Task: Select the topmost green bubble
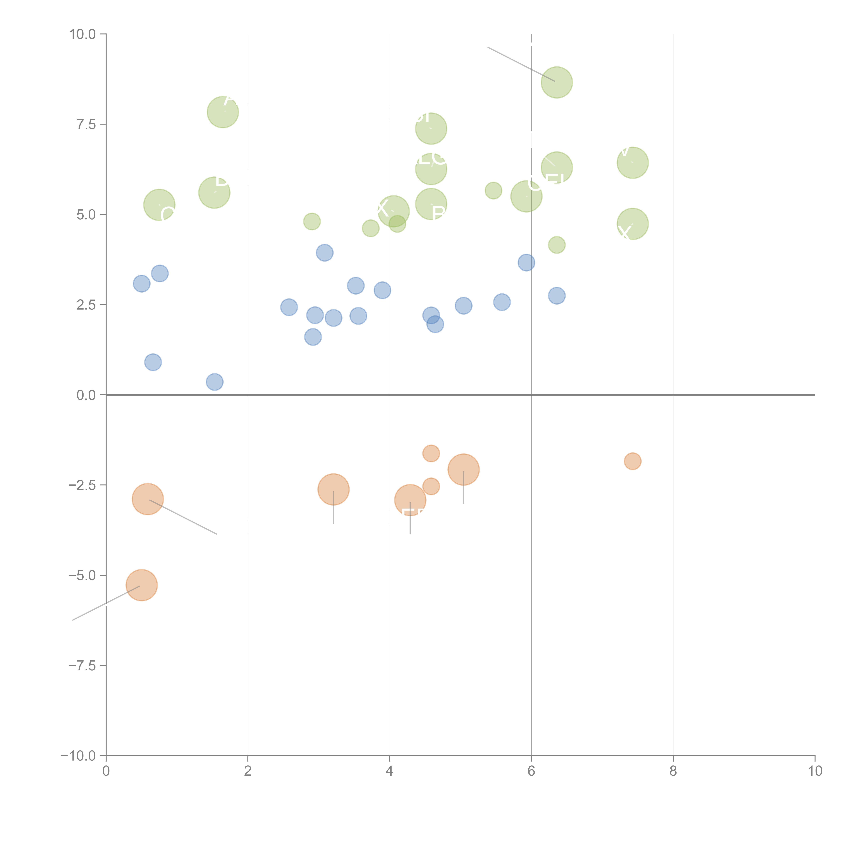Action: [557, 83]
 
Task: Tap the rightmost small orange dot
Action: [632, 461]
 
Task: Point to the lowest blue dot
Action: [214, 382]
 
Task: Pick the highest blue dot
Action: [324, 253]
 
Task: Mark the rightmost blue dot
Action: [557, 296]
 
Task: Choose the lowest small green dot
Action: [557, 245]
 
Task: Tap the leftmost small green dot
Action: [312, 221]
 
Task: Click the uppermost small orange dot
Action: [431, 454]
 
